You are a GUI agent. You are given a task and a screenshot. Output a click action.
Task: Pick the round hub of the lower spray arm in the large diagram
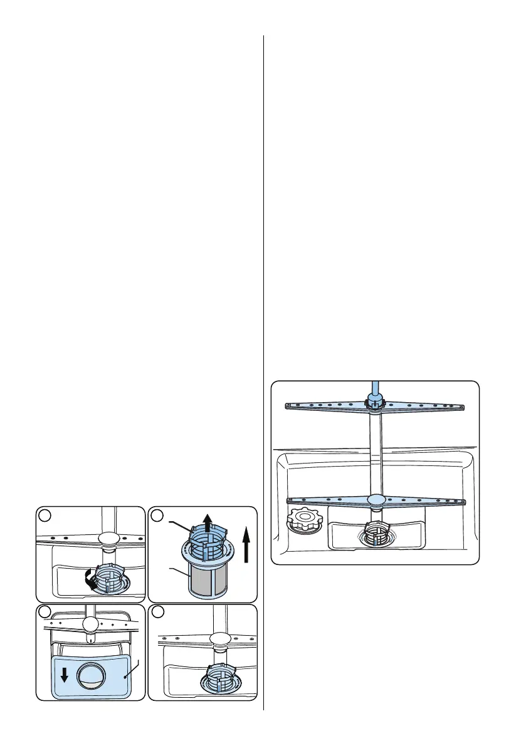point(376,499)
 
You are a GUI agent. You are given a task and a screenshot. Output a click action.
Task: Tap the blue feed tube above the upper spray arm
point(374,388)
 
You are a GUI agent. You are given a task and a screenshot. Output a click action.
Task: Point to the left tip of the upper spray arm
point(288,406)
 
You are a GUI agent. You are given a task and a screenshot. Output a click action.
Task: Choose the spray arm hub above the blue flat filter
point(90,623)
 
